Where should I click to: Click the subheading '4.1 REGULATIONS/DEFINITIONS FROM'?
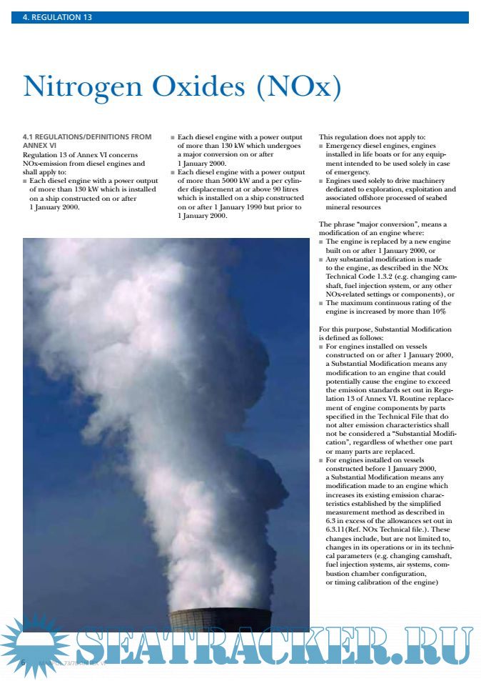(87, 136)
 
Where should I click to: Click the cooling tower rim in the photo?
(219, 612)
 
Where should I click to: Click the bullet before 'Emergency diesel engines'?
(321, 146)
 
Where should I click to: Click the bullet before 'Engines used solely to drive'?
(321, 181)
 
